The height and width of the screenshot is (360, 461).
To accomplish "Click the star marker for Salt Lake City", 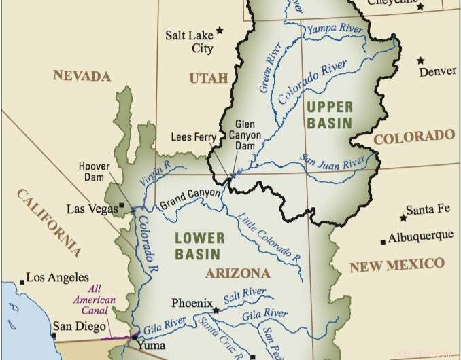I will click(220, 30).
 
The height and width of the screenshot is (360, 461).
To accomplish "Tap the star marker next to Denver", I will click(422, 60).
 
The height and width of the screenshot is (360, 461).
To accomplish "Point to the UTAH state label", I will click(208, 79).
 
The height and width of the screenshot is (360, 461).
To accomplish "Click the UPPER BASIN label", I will click(329, 115).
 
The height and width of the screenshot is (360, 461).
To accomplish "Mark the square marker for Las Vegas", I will click(121, 205).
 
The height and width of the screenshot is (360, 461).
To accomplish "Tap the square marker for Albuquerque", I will click(383, 242).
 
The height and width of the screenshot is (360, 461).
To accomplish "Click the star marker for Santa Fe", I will click(403, 218).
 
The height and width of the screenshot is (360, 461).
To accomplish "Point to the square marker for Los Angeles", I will click(22, 279).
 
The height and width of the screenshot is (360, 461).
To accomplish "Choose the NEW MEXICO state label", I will click(396, 265).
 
